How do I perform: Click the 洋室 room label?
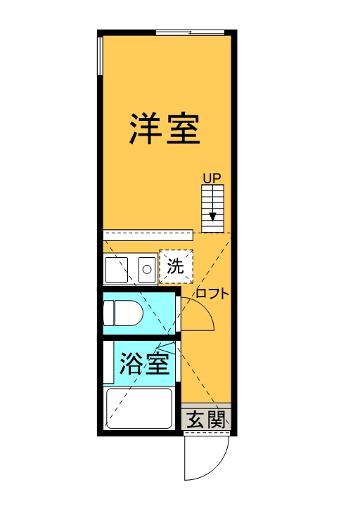[x=165, y=128]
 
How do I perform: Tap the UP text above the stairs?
[x=212, y=178]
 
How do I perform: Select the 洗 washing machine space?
[x=176, y=267]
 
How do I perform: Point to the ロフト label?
[x=212, y=293]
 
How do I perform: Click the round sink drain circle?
[x=147, y=269]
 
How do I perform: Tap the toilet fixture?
[x=123, y=313]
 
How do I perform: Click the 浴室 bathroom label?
[x=145, y=363]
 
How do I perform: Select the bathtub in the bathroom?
[x=139, y=408]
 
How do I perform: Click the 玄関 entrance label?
[x=206, y=420]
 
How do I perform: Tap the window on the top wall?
[x=190, y=32]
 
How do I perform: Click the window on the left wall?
[x=100, y=56]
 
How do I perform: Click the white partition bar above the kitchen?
[x=148, y=235]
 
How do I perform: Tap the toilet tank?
[x=108, y=313]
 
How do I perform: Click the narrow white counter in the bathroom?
[x=108, y=363]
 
